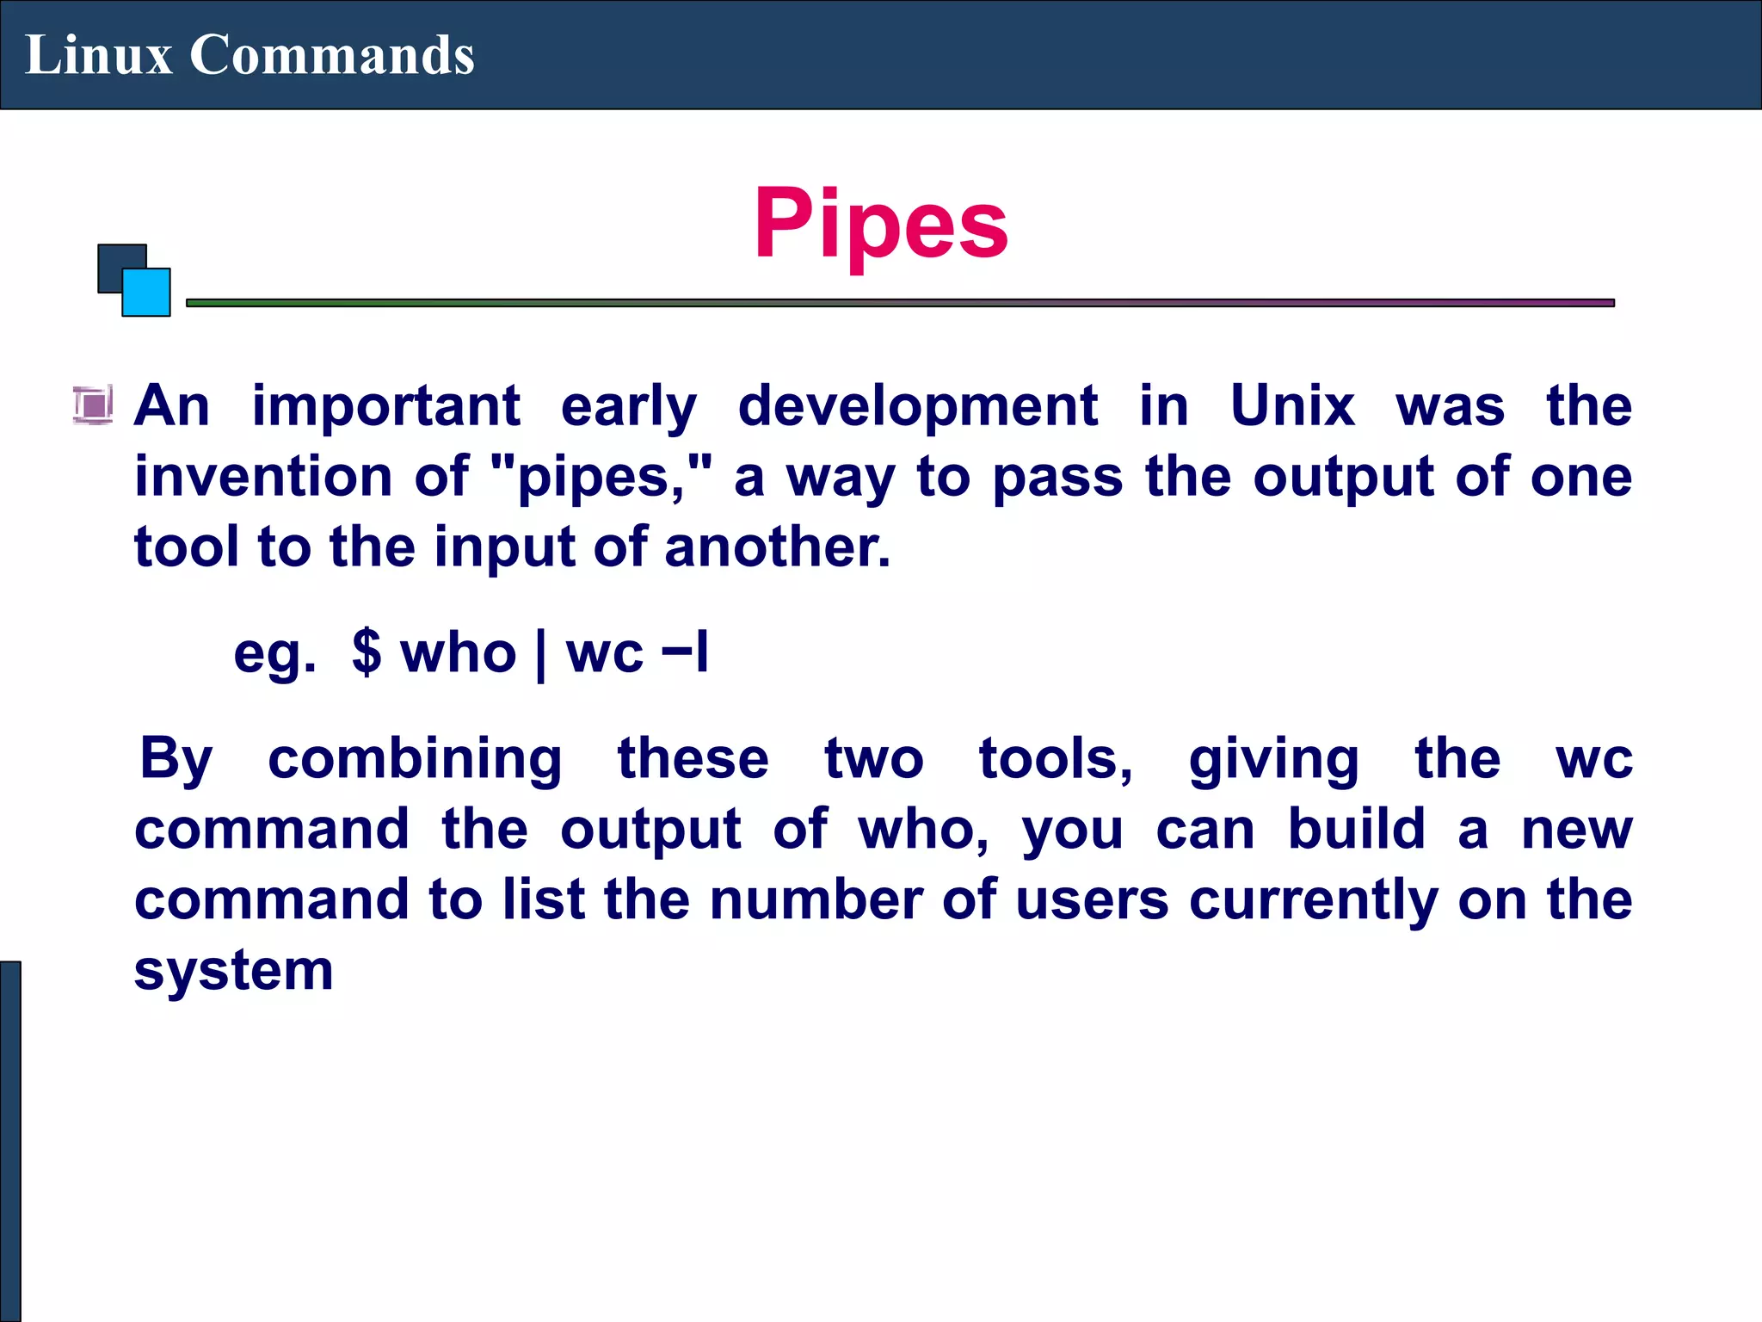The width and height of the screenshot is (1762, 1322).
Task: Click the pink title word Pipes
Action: pyautogui.click(x=880, y=224)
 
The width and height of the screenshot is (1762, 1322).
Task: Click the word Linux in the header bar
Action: pyautogui.click(x=98, y=55)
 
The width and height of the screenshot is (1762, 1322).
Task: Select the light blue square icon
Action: pyautogui.click(x=147, y=293)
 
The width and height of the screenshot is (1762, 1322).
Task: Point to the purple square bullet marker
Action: pyautogui.click(x=92, y=405)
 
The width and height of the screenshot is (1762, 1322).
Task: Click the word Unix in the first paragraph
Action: pyautogui.click(x=1292, y=405)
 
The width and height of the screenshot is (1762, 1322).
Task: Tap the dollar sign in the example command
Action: pyautogui.click(x=367, y=652)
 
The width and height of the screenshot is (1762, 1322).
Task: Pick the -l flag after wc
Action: pyautogui.click(x=685, y=652)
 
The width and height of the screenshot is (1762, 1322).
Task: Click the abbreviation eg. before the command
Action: pyautogui.click(x=274, y=654)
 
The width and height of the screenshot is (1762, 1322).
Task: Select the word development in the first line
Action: pyautogui.click(x=917, y=405)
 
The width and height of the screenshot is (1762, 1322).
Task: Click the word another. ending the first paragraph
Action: pyautogui.click(x=777, y=547)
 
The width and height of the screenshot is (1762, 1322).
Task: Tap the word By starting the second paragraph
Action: pyautogui.click(x=176, y=760)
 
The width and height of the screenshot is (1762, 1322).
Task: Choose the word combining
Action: pyautogui.click(x=415, y=760)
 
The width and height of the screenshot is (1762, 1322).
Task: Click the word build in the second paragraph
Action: pyautogui.click(x=1356, y=830)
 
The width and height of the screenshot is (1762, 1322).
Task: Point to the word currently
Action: pyautogui.click(x=1314, y=901)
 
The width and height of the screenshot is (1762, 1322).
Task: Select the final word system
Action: pyautogui.click(x=233, y=972)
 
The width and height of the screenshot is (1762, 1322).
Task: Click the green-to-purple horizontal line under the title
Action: pyautogui.click(x=900, y=303)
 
